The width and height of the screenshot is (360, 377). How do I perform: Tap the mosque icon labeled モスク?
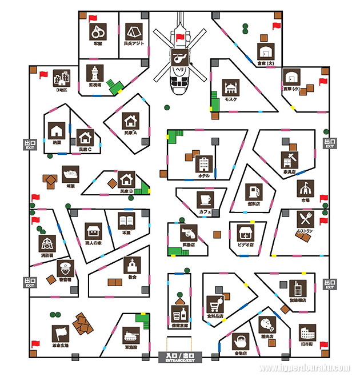(x=230, y=88)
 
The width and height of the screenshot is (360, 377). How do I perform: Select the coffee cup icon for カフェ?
(x=205, y=199)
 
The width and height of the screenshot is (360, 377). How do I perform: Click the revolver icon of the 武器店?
(x=189, y=232)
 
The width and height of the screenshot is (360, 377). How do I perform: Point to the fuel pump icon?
(x=254, y=191)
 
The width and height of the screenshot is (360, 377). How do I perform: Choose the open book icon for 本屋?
(x=126, y=220)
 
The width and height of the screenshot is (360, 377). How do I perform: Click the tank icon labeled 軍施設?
(x=130, y=335)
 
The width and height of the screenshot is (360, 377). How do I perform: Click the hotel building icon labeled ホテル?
(x=204, y=165)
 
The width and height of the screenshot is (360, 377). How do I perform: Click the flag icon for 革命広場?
(x=61, y=333)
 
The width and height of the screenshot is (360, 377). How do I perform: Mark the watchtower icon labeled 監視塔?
(x=94, y=73)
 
